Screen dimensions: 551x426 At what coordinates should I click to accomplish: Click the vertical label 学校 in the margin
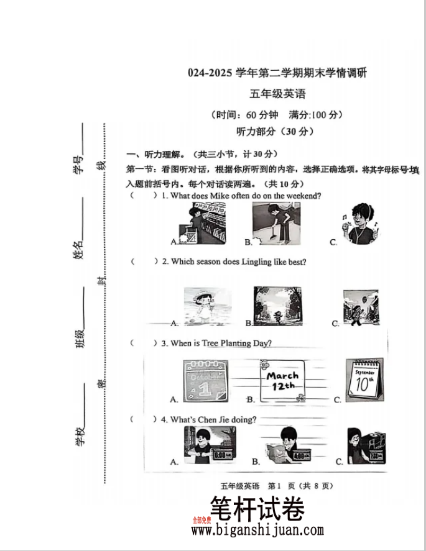point(80,437)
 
